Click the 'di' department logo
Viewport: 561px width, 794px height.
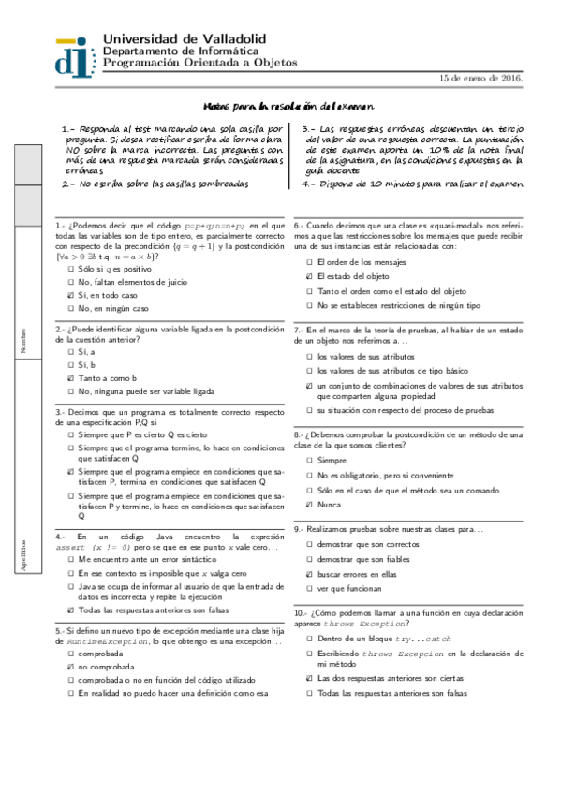point(77,55)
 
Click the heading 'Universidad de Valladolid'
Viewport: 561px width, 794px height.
point(185,38)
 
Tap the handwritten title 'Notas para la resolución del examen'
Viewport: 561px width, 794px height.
point(288,108)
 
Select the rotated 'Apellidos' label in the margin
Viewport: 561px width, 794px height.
point(22,555)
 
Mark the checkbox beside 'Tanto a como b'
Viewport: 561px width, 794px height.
point(71,377)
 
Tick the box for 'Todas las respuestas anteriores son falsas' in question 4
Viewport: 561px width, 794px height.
point(71,610)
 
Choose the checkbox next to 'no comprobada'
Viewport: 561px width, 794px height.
point(71,667)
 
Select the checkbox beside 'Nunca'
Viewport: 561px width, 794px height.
point(310,505)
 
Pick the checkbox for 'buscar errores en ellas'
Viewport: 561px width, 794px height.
point(310,574)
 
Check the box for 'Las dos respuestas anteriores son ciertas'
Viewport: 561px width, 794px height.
point(310,677)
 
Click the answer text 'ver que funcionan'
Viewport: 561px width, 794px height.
point(349,589)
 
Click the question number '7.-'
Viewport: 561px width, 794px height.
point(300,330)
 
